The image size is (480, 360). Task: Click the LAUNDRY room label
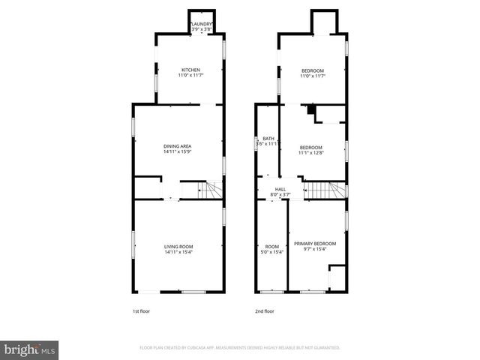202,24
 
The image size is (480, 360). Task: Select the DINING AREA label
178,146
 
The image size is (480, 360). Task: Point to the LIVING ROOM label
178,247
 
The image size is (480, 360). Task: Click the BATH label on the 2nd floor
268,139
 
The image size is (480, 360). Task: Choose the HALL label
280,189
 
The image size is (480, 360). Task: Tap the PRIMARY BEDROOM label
315,244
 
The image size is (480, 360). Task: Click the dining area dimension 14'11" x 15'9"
178,152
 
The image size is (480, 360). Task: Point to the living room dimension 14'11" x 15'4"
178,253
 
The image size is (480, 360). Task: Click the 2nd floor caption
265,310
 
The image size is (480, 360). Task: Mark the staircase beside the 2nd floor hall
325,190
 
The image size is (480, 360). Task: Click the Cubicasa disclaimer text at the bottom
240,348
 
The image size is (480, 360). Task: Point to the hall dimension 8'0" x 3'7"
280,195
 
